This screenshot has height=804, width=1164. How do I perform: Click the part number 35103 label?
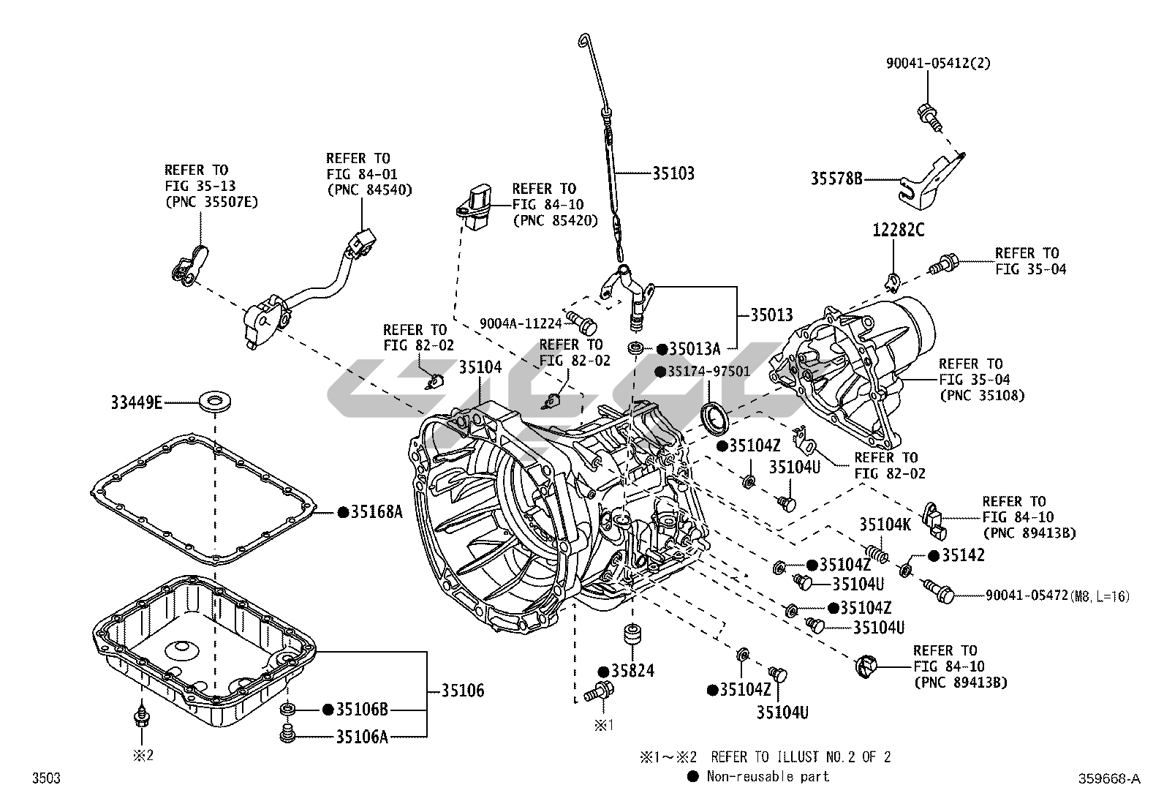point(673,173)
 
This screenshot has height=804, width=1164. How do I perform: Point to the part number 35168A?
point(377,512)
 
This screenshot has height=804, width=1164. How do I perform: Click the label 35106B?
point(362,709)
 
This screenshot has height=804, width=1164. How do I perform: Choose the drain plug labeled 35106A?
point(288,733)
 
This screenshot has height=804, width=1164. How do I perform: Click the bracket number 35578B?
point(836,178)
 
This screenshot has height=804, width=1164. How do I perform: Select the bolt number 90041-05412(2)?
point(939,64)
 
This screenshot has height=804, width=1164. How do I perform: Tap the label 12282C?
point(898,231)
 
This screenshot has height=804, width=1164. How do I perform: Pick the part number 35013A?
point(695,348)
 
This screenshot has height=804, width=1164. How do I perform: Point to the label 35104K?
point(885,524)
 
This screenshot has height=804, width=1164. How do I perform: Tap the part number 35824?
point(633,671)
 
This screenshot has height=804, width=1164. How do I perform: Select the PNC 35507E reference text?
point(211,202)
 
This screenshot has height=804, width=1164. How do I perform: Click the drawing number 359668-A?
point(1108,779)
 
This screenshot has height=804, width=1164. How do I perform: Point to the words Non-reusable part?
point(768,776)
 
